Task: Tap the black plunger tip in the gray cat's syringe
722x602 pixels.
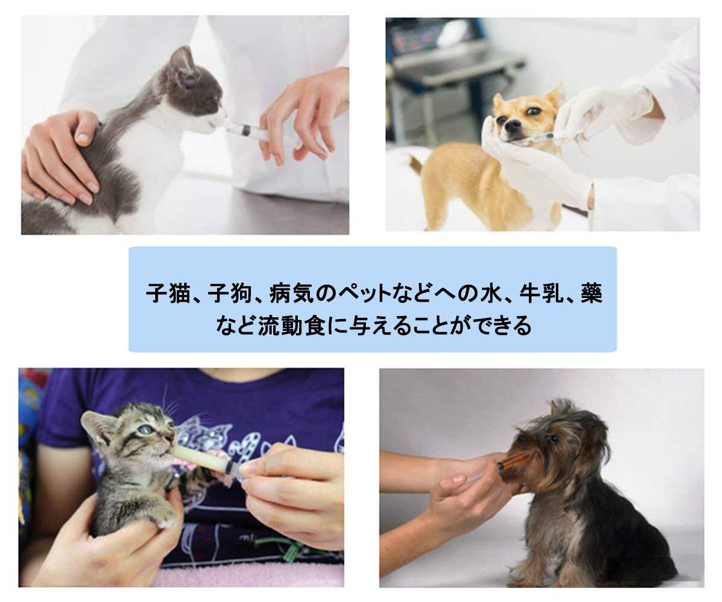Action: pos(246,130)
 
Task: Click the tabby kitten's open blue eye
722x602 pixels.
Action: pos(144,430)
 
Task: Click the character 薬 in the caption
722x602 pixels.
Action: pos(592,294)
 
